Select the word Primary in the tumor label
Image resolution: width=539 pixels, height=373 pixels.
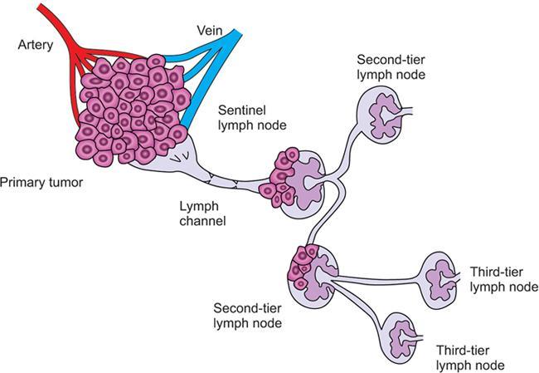(21, 180)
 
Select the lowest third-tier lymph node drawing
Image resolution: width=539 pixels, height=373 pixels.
(405, 336)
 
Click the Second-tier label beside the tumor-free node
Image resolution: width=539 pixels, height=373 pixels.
(391, 60)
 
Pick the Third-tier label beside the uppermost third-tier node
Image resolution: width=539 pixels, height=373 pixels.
(494, 272)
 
